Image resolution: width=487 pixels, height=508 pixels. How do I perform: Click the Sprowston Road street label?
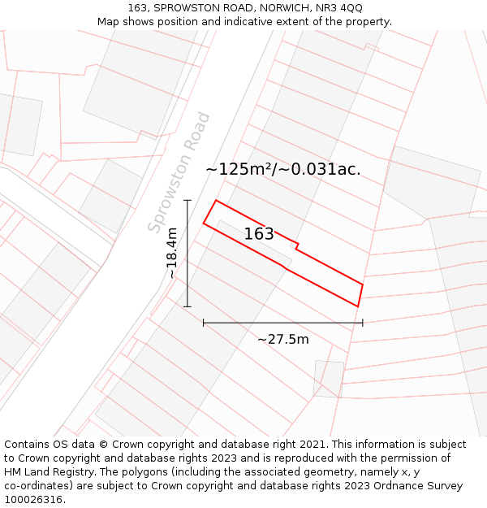pyautogui.click(x=179, y=172)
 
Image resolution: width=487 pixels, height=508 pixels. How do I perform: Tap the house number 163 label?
pyautogui.click(x=259, y=234)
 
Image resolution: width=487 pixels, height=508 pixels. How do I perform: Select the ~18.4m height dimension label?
pyautogui.click(x=172, y=253)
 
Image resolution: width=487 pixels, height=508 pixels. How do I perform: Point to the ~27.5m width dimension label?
pyautogui.click(x=282, y=339)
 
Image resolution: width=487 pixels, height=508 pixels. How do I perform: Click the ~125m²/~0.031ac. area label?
pyautogui.click(x=282, y=169)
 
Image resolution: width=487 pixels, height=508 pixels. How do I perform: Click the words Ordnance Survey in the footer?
pyautogui.click(x=415, y=486)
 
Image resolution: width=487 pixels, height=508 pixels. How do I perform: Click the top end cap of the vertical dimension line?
pyautogui.click(x=187, y=200)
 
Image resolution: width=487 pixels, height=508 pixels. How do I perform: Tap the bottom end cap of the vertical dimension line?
pyautogui.click(x=187, y=306)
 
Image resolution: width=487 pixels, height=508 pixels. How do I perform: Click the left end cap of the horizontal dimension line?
pyautogui.click(x=204, y=323)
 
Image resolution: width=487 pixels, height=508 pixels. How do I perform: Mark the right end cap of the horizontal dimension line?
pyautogui.click(x=362, y=323)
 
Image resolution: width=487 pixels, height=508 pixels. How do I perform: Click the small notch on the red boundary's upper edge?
pyautogui.click(x=296, y=245)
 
